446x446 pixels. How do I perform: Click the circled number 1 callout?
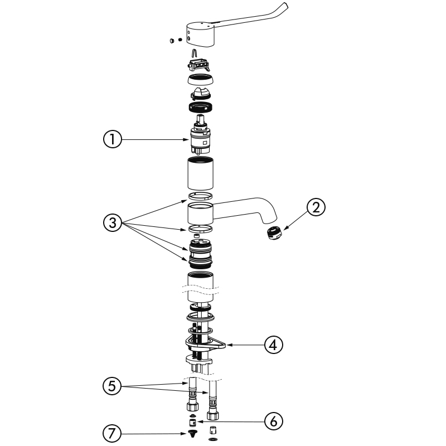coord(113,139)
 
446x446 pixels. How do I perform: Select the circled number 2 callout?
coord(316,207)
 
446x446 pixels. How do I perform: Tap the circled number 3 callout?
coord(113,222)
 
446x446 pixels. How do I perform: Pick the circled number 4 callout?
coord(274,345)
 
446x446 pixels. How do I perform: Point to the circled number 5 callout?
coord(112,386)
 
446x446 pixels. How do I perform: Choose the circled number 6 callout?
coord(274,421)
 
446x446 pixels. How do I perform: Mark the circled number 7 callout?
coord(112,434)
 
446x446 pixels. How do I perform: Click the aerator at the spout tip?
coord(274,232)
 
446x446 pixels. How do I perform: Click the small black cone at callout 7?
coord(193,434)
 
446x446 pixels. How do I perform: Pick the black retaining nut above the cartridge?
coord(201,107)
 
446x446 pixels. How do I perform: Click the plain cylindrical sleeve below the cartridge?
coord(201,173)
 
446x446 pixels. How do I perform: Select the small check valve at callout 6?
coord(193,423)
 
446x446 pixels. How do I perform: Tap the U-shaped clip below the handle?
coord(194,53)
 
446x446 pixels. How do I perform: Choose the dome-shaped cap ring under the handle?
coord(201,79)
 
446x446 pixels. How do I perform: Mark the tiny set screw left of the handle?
coord(180,40)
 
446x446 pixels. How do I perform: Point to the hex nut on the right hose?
coord(212,415)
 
